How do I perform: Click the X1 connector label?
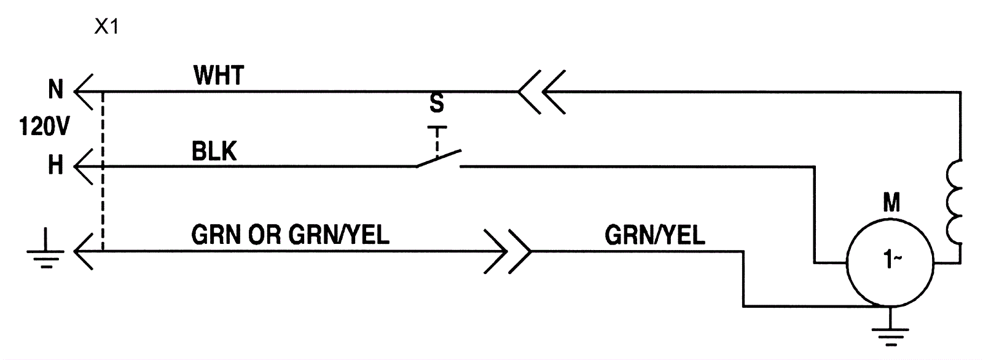[106, 28]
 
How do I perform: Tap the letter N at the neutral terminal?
[56, 90]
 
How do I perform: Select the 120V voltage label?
[44, 128]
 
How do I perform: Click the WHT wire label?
[218, 76]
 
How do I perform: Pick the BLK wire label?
[214, 152]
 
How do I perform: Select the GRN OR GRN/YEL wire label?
[290, 234]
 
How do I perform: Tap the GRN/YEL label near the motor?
[655, 234]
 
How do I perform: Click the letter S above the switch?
[436, 104]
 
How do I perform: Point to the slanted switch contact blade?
[439, 158]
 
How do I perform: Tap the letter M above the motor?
[891, 202]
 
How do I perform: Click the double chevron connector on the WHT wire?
[541, 92]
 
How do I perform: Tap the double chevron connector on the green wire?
[507, 251]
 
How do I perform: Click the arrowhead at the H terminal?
[83, 166]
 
